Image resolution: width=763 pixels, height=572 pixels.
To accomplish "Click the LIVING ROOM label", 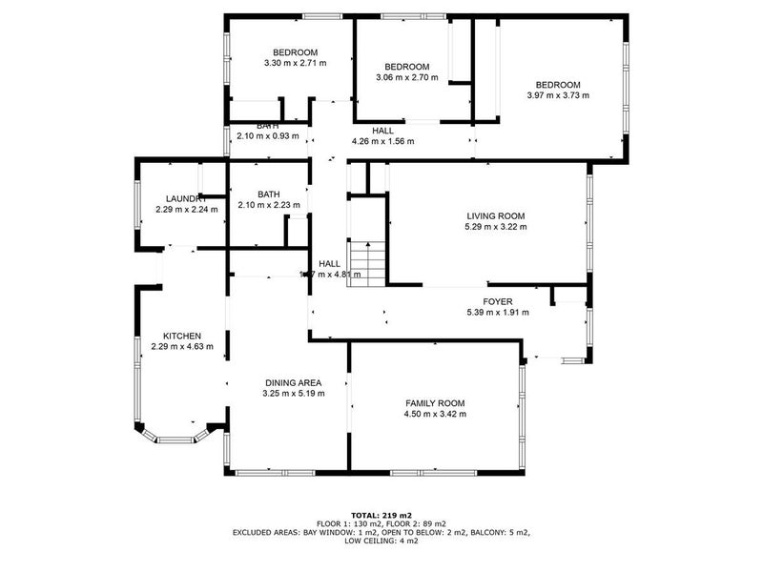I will click(495, 216).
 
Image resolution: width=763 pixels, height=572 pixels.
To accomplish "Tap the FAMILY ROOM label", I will click(435, 403).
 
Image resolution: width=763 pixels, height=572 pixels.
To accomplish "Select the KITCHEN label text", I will click(181, 336).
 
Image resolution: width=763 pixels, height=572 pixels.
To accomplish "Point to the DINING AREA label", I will click(295, 381).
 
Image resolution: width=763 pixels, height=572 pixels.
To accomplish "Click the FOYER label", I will click(497, 301).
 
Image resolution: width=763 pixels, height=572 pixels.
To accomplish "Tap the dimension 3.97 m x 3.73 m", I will click(558, 95).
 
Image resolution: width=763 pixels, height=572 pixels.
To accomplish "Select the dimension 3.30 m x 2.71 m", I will click(295, 64).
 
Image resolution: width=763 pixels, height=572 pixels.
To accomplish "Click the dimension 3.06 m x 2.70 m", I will click(406, 77).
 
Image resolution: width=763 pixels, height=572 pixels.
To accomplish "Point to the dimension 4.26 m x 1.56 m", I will click(382, 141).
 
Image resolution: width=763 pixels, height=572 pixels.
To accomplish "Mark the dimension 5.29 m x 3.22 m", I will click(495, 227).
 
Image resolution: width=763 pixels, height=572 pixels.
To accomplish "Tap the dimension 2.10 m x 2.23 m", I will click(268, 205).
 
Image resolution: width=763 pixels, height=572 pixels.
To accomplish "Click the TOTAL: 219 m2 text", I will click(381, 515).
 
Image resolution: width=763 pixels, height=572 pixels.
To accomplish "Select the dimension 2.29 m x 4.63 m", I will click(181, 347).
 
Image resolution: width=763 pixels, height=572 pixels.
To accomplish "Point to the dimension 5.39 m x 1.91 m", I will click(497, 312).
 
